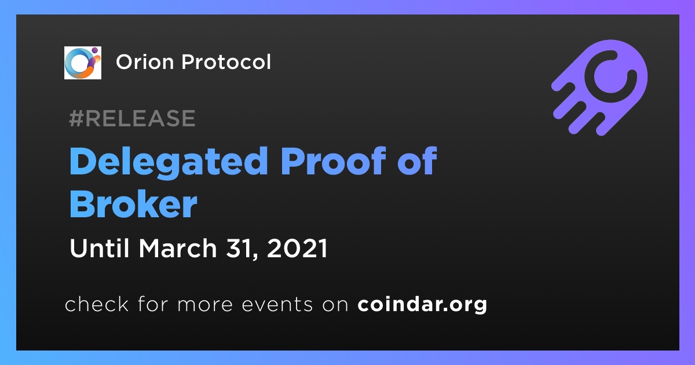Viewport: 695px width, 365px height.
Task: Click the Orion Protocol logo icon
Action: coord(82,63)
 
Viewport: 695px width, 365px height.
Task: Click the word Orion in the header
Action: coord(145,62)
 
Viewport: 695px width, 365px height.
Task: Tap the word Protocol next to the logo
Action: coord(226,62)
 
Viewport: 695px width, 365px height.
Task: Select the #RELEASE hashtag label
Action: coord(132,118)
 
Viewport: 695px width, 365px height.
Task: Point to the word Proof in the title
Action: coord(333,161)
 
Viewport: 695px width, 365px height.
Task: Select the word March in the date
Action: coord(178,248)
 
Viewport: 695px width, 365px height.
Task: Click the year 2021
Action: coord(297,249)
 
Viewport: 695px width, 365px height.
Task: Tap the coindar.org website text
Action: coord(422,305)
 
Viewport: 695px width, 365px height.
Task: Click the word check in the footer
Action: coord(97,304)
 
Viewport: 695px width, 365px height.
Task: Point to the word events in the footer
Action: coord(277,305)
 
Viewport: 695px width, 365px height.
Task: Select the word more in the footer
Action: coord(205,305)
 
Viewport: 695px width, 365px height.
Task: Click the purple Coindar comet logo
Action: coord(599,87)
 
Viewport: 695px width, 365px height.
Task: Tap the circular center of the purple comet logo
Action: coord(610,76)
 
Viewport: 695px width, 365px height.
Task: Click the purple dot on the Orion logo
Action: coord(94,50)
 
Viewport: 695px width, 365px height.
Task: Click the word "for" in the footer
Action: coord(153,304)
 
